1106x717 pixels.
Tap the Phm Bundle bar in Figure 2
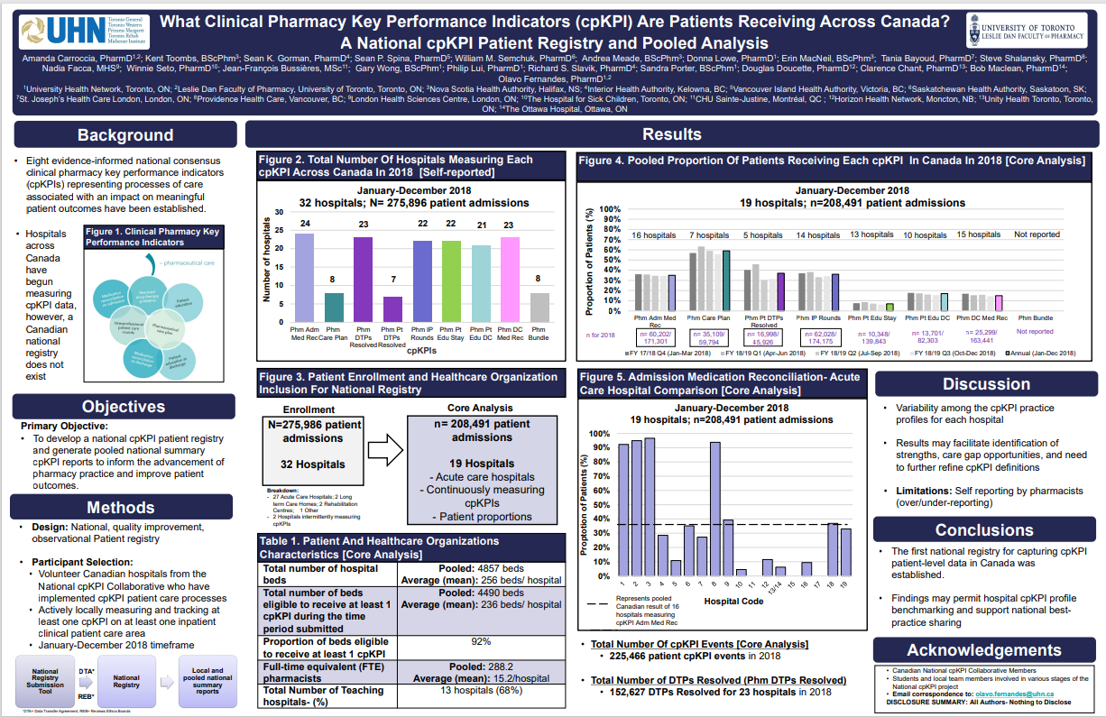(x=539, y=306)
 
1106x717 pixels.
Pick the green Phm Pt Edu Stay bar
(x=451, y=280)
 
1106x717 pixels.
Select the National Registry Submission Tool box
(x=45, y=683)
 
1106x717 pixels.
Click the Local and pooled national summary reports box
(x=207, y=683)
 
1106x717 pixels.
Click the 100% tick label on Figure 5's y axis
(x=598, y=434)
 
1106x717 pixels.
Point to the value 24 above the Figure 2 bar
(x=305, y=223)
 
